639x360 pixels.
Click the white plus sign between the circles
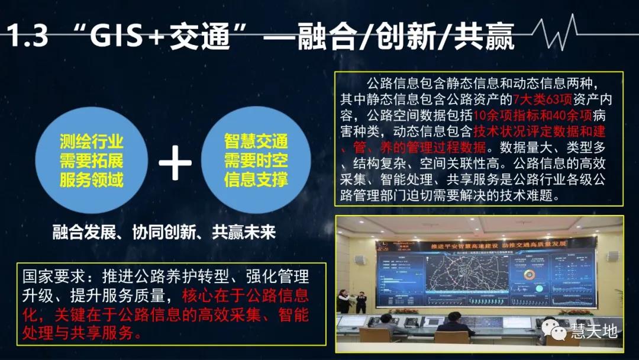175,160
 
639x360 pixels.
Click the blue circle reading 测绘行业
92,160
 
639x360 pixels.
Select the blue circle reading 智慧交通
256,160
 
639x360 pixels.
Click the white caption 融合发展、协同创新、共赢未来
164,232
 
